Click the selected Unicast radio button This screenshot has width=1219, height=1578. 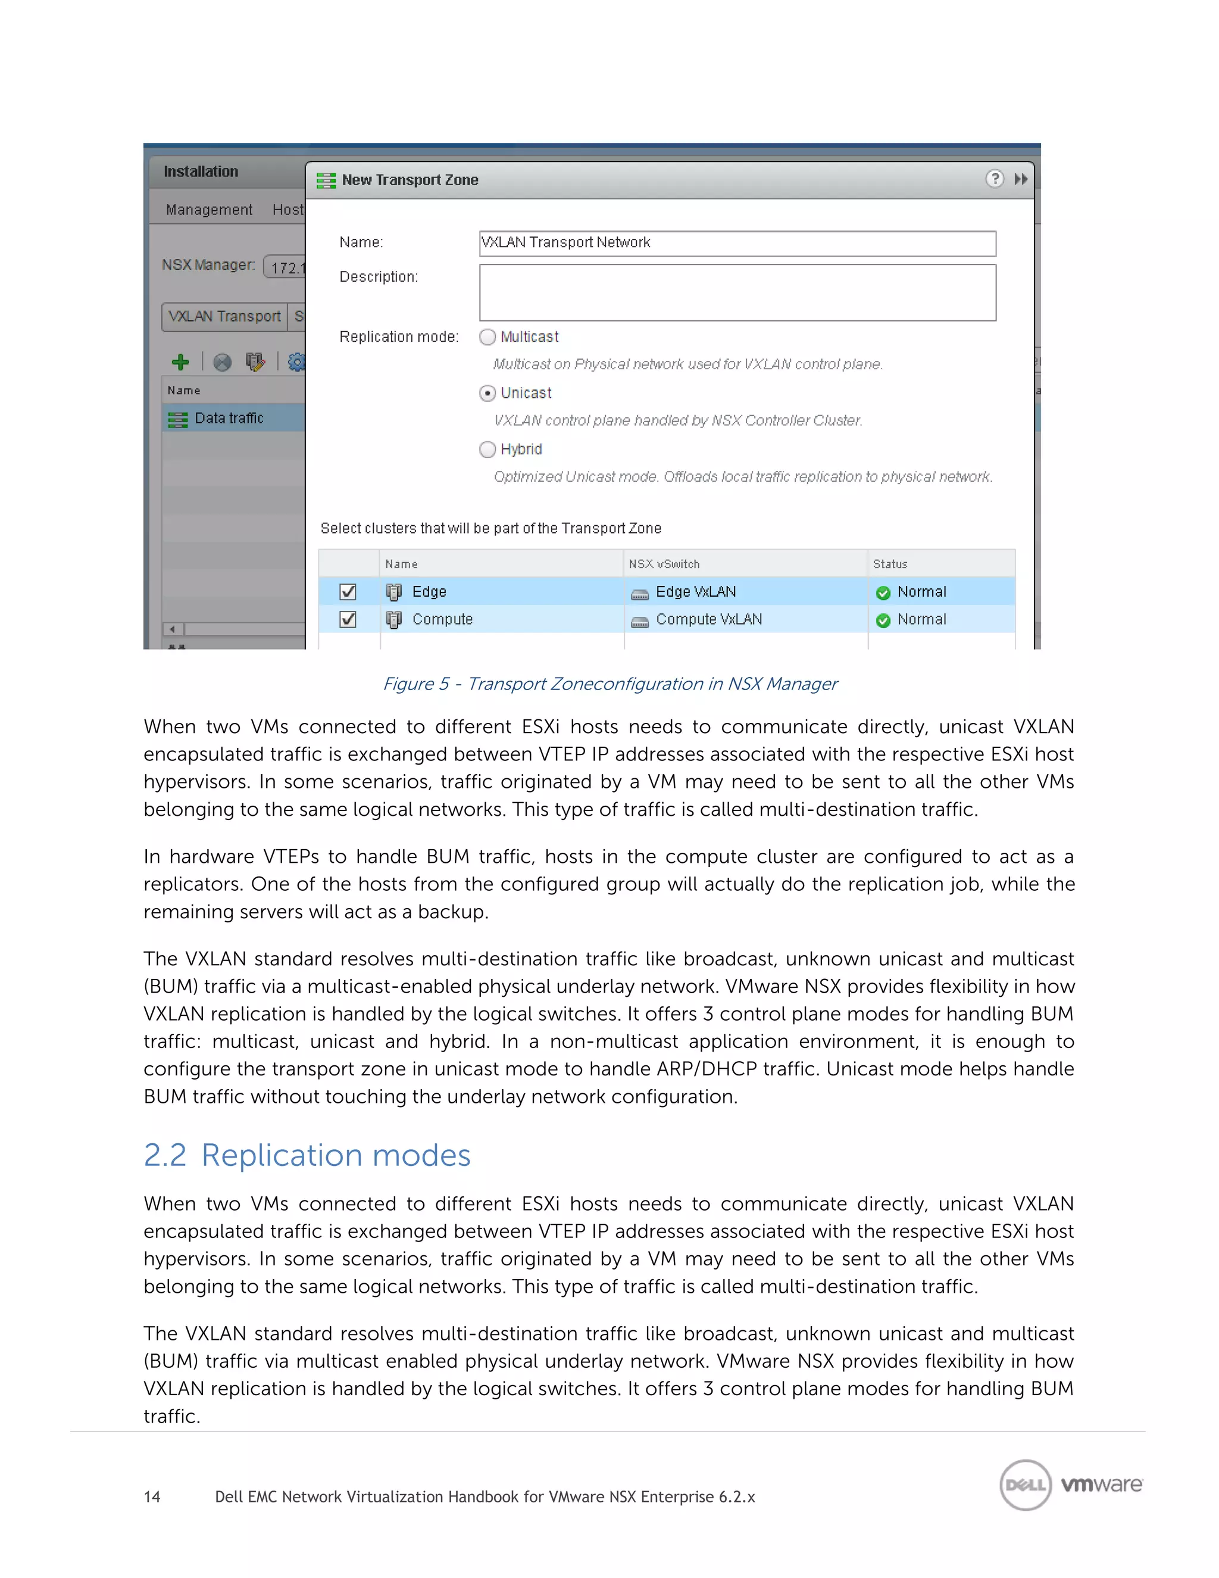click(487, 393)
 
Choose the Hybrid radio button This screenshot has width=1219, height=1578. click(487, 450)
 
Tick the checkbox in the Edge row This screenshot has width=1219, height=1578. click(348, 592)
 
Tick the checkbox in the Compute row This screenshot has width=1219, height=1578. click(348, 619)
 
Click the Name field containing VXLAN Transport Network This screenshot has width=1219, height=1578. click(737, 244)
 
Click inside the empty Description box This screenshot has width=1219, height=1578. click(737, 292)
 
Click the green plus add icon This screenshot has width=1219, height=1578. click(180, 362)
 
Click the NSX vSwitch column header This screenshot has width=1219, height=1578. click(664, 563)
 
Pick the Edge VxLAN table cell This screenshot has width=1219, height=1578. click(695, 592)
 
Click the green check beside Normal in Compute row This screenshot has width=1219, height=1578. click(883, 620)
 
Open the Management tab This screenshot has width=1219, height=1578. click(209, 210)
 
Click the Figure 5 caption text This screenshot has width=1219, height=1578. click(609, 684)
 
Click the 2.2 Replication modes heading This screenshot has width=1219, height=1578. click(307, 1155)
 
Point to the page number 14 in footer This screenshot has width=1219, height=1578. click(152, 1496)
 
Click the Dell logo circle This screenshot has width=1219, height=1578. click(1026, 1485)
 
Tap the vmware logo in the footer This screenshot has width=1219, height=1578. click(1101, 1485)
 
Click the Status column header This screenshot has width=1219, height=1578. click(890, 563)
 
